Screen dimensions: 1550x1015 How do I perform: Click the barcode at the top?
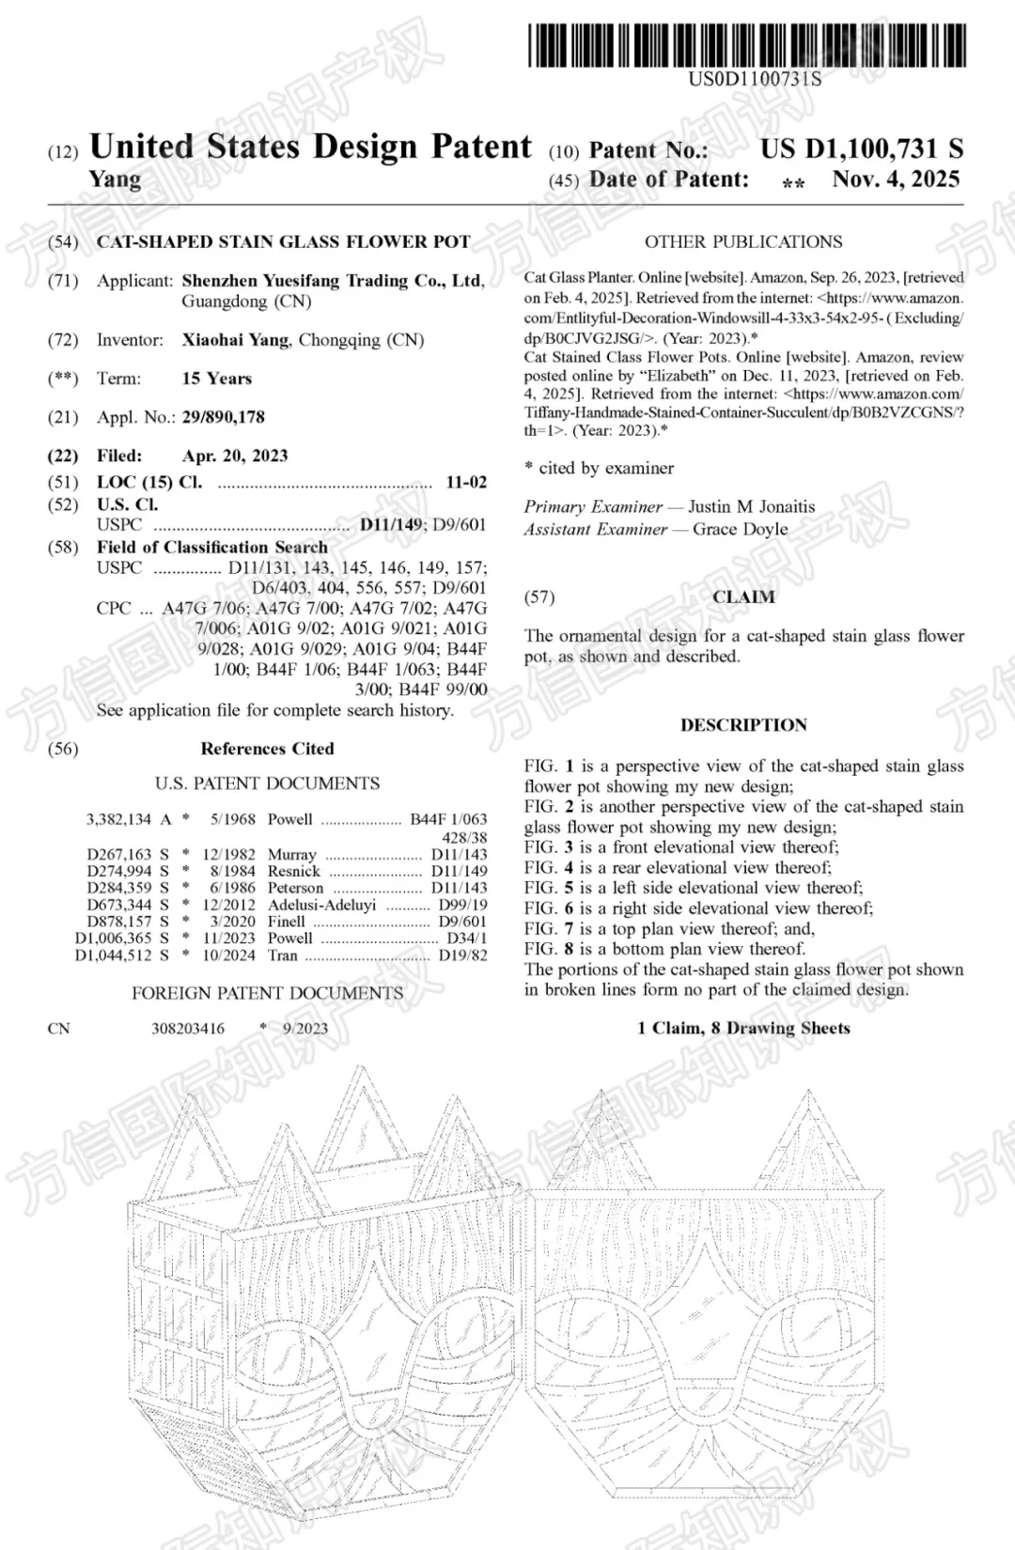pos(747,45)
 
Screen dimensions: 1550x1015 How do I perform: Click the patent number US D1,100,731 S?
pos(861,148)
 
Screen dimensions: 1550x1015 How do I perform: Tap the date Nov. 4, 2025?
pos(896,179)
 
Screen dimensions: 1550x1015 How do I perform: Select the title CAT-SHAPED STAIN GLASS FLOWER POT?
pos(283,241)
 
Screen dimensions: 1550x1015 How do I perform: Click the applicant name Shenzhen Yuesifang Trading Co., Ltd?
pos(333,281)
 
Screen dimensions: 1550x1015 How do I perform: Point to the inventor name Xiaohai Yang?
pos(235,340)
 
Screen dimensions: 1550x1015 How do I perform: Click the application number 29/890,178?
pos(224,417)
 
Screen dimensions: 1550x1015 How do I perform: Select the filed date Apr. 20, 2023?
pos(235,456)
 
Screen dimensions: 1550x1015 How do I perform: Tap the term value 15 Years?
pos(217,379)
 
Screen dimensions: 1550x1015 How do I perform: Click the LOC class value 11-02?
pos(466,483)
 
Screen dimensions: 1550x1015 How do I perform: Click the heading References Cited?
pos(267,749)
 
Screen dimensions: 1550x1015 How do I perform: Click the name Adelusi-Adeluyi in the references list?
pos(321,905)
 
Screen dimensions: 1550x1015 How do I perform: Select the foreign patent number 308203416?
pos(188,1029)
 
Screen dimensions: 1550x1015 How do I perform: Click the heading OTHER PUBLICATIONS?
pos(742,241)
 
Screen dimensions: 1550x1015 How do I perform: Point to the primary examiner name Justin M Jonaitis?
pos(752,506)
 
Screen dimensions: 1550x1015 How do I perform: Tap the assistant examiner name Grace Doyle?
pos(740,529)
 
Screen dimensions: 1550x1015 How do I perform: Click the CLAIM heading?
pos(743,597)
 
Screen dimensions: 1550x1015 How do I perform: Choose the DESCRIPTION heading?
pos(743,725)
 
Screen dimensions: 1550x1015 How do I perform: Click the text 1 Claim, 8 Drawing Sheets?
pos(743,1028)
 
